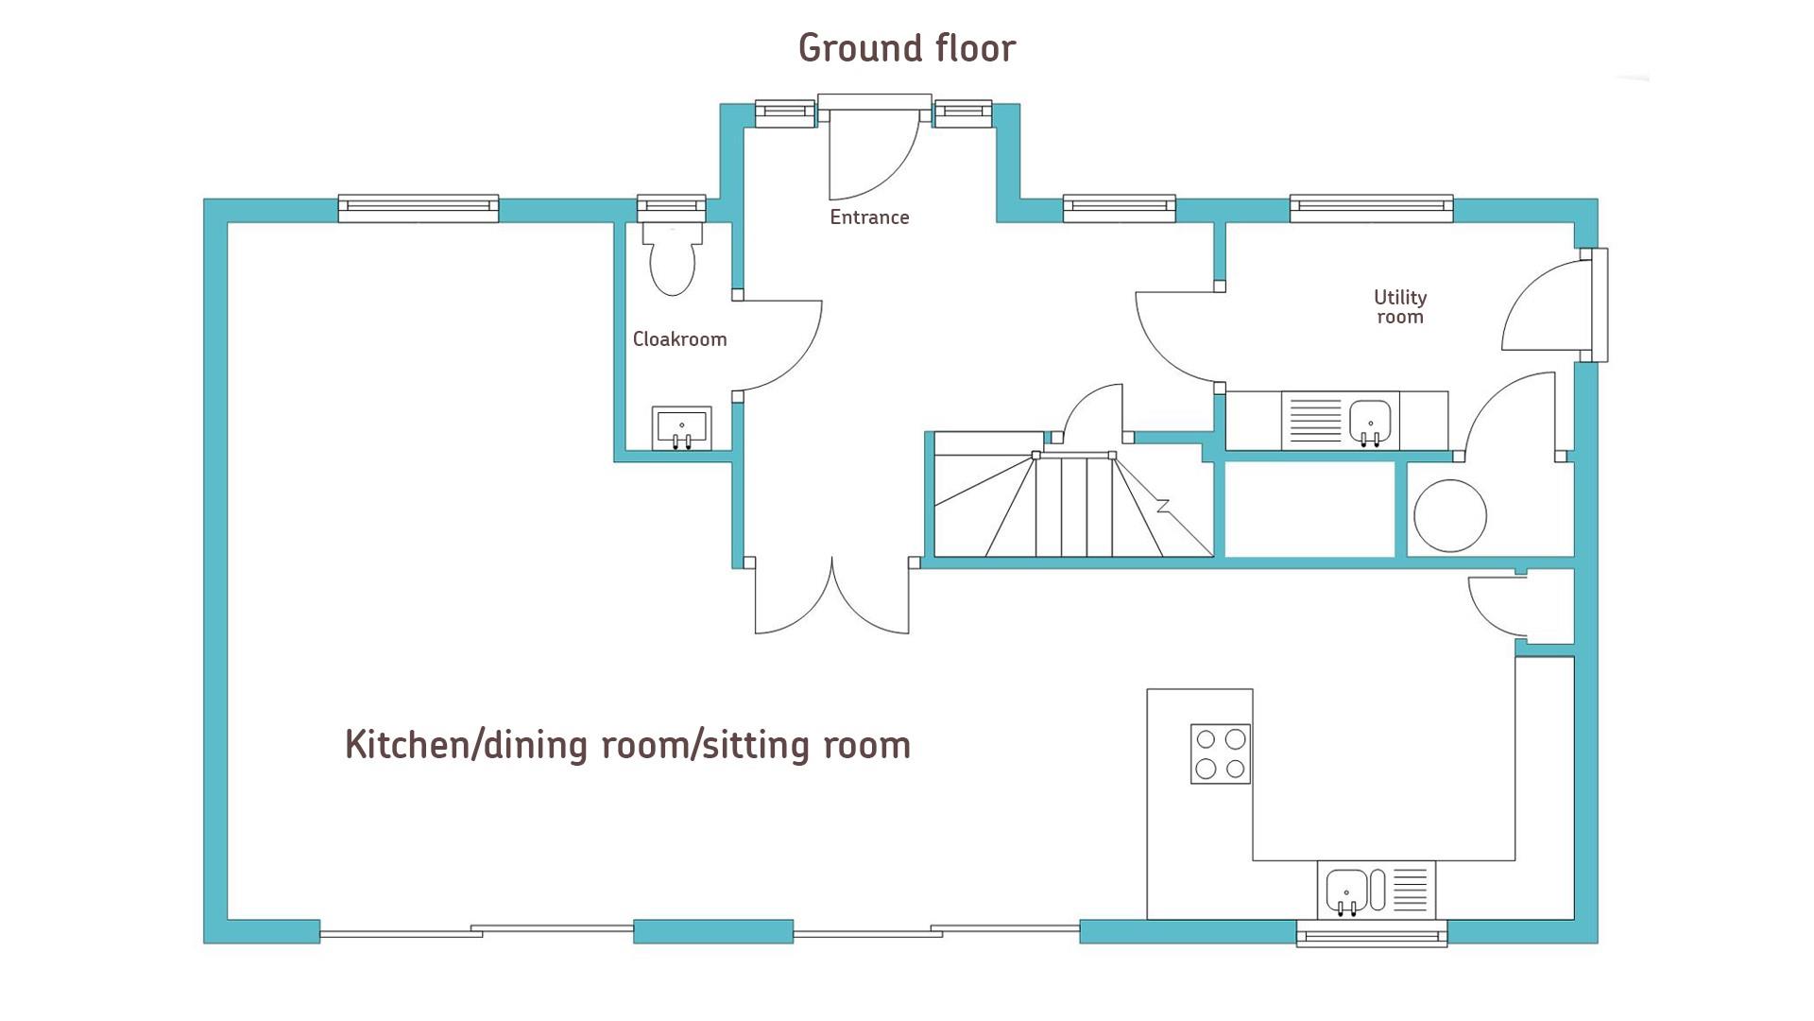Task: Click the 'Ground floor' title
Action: [907, 48]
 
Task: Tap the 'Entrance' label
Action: [869, 217]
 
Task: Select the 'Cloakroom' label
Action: [679, 339]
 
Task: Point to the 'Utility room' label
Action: [1400, 307]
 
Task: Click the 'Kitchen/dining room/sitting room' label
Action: [627, 745]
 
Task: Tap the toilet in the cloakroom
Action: [673, 258]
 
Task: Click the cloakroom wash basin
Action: [681, 428]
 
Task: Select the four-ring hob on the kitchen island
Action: [1221, 753]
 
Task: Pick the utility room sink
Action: [1370, 421]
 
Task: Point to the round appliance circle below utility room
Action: [1450, 516]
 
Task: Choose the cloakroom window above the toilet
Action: [672, 208]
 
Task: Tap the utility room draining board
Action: [1313, 421]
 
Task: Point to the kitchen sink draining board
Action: [1410, 891]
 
